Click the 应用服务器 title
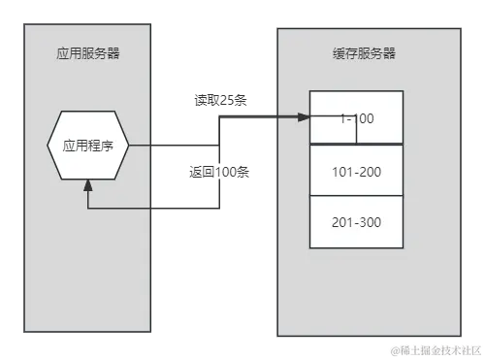pyautogui.click(x=88, y=54)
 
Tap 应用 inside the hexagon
pyautogui.click(x=76, y=146)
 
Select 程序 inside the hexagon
pyautogui.click(x=101, y=146)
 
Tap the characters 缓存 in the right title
pyautogui.click(x=342, y=55)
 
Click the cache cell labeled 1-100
pyautogui.click(x=356, y=118)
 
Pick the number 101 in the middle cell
pyautogui.click(x=341, y=170)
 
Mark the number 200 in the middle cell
pyautogui.click(x=370, y=170)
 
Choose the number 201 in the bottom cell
pyautogui.click(x=341, y=222)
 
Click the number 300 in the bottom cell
pyautogui.click(x=370, y=222)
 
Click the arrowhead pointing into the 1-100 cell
pyautogui.click(x=303, y=117)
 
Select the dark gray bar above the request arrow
pyautogui.click(x=220, y=100)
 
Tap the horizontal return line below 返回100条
pyautogui.click(x=155, y=206)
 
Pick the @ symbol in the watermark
pyautogui.click(x=395, y=348)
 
